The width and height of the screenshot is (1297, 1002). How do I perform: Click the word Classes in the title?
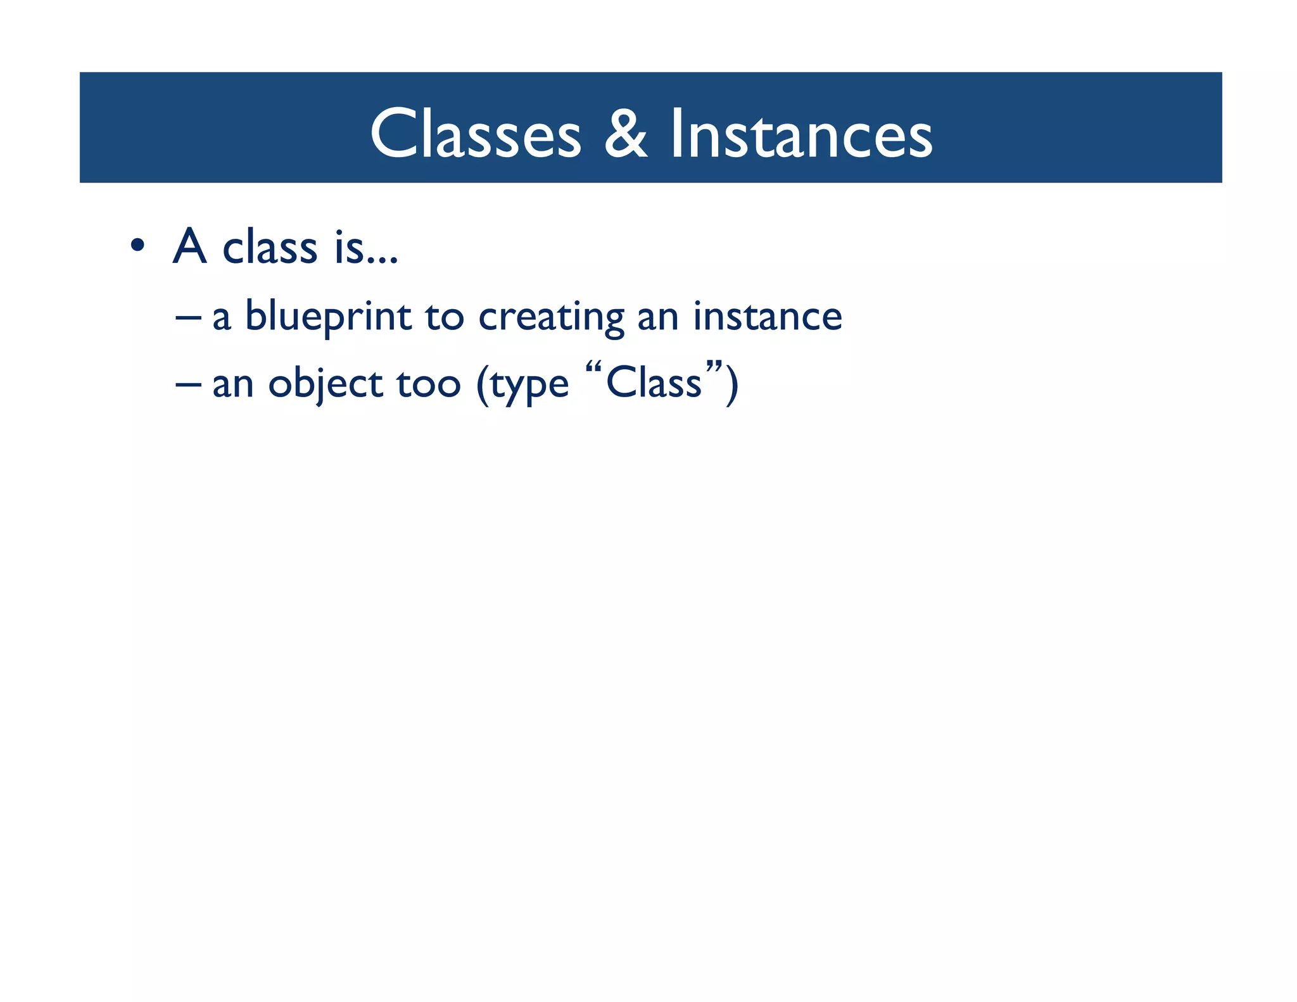(476, 134)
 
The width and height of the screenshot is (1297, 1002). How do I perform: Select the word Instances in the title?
(801, 134)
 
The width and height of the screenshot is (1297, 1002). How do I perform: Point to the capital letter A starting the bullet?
(190, 246)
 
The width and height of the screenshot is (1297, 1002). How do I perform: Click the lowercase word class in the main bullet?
(270, 247)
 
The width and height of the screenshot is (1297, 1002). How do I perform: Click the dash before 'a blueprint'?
(188, 314)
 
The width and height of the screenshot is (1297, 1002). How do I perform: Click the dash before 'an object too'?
(188, 382)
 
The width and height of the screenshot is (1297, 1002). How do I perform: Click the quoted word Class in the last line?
(654, 383)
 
